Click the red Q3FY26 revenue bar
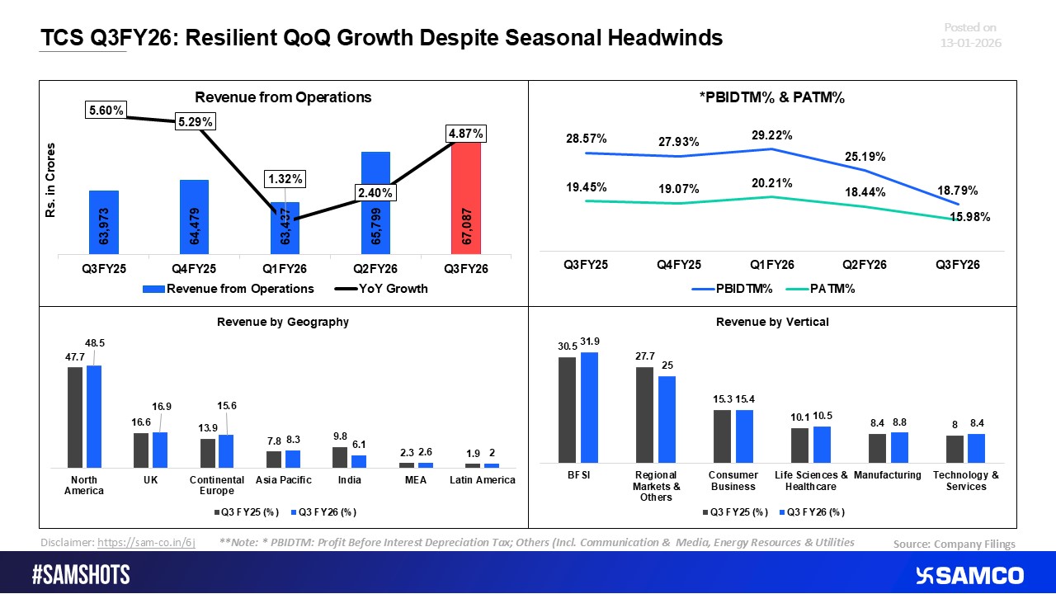[466, 198]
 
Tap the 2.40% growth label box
[375, 192]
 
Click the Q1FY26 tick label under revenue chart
[285, 269]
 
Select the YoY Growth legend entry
[384, 289]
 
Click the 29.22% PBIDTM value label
[772, 135]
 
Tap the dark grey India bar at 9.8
[340, 457]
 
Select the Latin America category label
[482, 480]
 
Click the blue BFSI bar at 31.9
[589, 408]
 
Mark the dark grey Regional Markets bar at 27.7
[644, 415]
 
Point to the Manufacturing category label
[888, 475]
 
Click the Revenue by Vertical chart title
[772, 322]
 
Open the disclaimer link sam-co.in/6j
[146, 542]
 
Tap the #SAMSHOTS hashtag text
[80, 575]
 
